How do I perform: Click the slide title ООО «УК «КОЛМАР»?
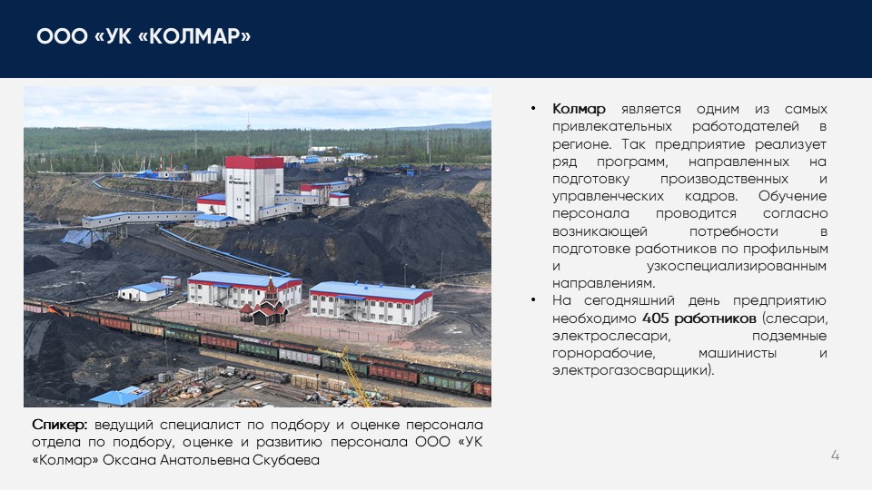pos(144,36)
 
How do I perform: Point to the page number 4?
pos(835,456)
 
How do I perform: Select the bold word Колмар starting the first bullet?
pos(579,109)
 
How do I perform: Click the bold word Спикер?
pos(60,425)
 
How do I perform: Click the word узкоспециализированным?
pos(737,266)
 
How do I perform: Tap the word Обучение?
pos(792,196)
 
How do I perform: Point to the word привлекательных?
pos(612,127)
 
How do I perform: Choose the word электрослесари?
pos(610,336)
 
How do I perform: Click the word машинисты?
pos(737,353)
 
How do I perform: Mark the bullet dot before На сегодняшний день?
pos(533,300)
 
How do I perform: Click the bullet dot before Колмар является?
pos(533,108)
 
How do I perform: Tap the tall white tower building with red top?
pos(253,189)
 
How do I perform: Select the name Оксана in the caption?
pos(129,460)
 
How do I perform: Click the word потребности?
pos(734,231)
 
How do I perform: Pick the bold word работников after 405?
pos(715,318)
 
